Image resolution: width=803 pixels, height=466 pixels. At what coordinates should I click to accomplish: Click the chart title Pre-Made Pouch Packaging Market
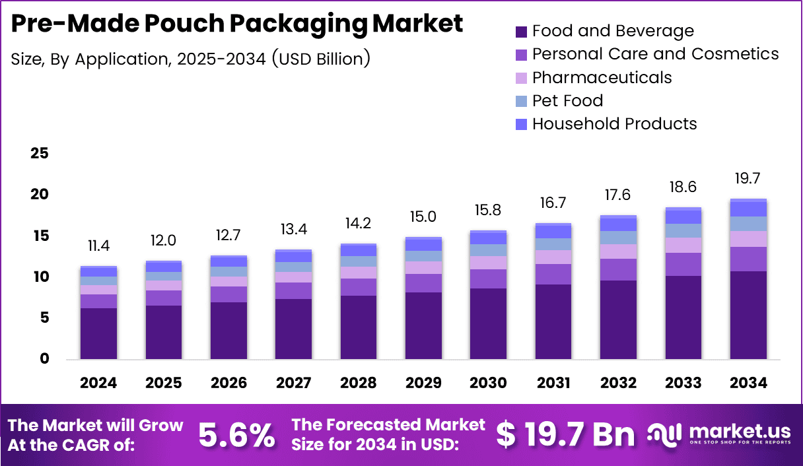237,24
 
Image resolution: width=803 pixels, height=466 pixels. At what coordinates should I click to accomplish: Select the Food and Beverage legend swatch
521,31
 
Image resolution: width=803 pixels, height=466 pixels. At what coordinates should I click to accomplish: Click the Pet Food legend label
567,100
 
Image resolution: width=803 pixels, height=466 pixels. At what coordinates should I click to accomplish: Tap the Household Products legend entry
614,123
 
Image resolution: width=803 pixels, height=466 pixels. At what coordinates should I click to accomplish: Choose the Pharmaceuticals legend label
602,77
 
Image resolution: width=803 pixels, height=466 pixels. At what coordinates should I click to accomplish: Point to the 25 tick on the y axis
40,153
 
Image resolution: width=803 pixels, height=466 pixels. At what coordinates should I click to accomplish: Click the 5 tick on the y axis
44,318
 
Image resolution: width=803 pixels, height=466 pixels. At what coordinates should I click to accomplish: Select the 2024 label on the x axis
98,383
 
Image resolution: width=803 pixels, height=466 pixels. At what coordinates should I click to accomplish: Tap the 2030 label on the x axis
488,383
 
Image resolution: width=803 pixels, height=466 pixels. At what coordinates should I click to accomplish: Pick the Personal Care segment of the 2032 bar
618,269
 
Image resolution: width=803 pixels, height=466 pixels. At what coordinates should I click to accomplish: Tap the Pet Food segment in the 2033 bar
683,230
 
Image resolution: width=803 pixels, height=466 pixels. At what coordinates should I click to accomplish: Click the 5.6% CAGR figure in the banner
236,435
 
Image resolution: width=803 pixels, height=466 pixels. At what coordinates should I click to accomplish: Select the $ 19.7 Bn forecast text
565,434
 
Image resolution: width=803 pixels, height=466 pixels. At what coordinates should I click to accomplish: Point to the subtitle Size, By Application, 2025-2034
190,58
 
